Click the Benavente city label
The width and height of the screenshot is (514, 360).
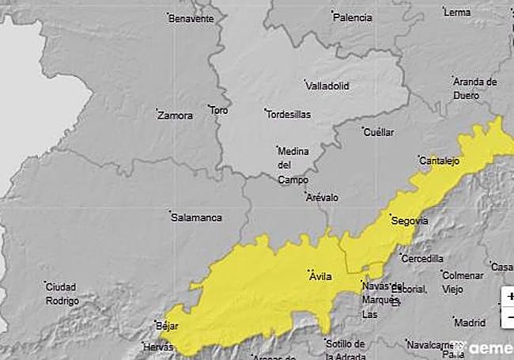191,18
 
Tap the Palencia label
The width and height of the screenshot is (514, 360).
353,17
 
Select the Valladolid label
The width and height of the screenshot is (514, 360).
328,85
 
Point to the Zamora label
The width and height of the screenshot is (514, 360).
175,116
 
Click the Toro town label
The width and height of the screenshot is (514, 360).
218,111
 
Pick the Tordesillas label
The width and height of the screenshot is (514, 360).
288,114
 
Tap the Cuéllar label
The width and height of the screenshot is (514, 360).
378,132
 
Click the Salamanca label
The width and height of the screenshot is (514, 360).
197,218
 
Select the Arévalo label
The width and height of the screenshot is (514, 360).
322,197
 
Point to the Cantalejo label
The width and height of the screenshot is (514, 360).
439,161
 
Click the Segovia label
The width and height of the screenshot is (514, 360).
409,221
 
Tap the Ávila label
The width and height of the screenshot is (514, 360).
320,276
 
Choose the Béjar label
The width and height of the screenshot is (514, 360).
167,326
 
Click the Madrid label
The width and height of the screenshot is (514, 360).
470,323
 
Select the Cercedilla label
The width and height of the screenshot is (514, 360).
422,259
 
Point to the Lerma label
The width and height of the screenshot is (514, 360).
457,13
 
